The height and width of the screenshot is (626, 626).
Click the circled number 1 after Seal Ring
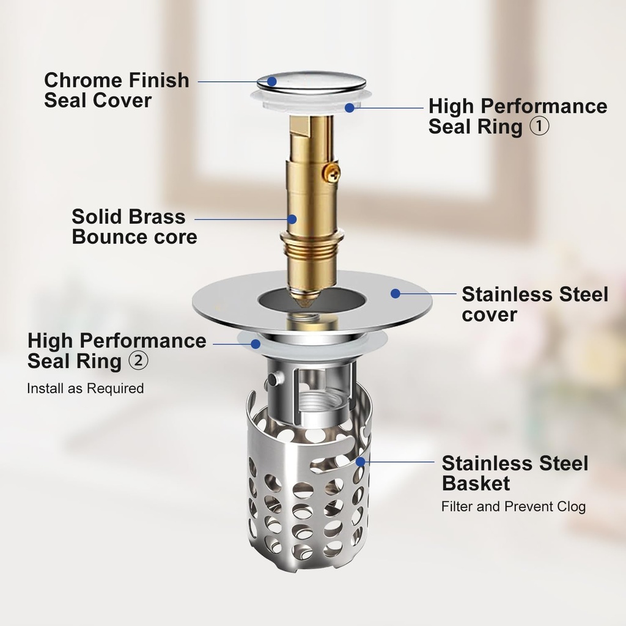point(539,127)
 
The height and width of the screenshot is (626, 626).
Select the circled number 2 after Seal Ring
point(138,361)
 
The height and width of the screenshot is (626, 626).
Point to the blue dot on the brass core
point(292,218)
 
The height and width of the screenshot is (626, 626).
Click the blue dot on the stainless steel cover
point(396,293)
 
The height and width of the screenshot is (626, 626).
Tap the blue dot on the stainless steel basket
point(361,461)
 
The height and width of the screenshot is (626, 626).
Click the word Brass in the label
point(158,216)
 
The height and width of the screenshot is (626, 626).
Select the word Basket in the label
point(476,484)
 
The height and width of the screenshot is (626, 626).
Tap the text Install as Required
point(86,388)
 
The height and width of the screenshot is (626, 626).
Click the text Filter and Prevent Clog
point(514,506)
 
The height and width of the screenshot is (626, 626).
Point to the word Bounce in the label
point(108,237)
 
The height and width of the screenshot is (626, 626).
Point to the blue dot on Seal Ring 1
point(350,108)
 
